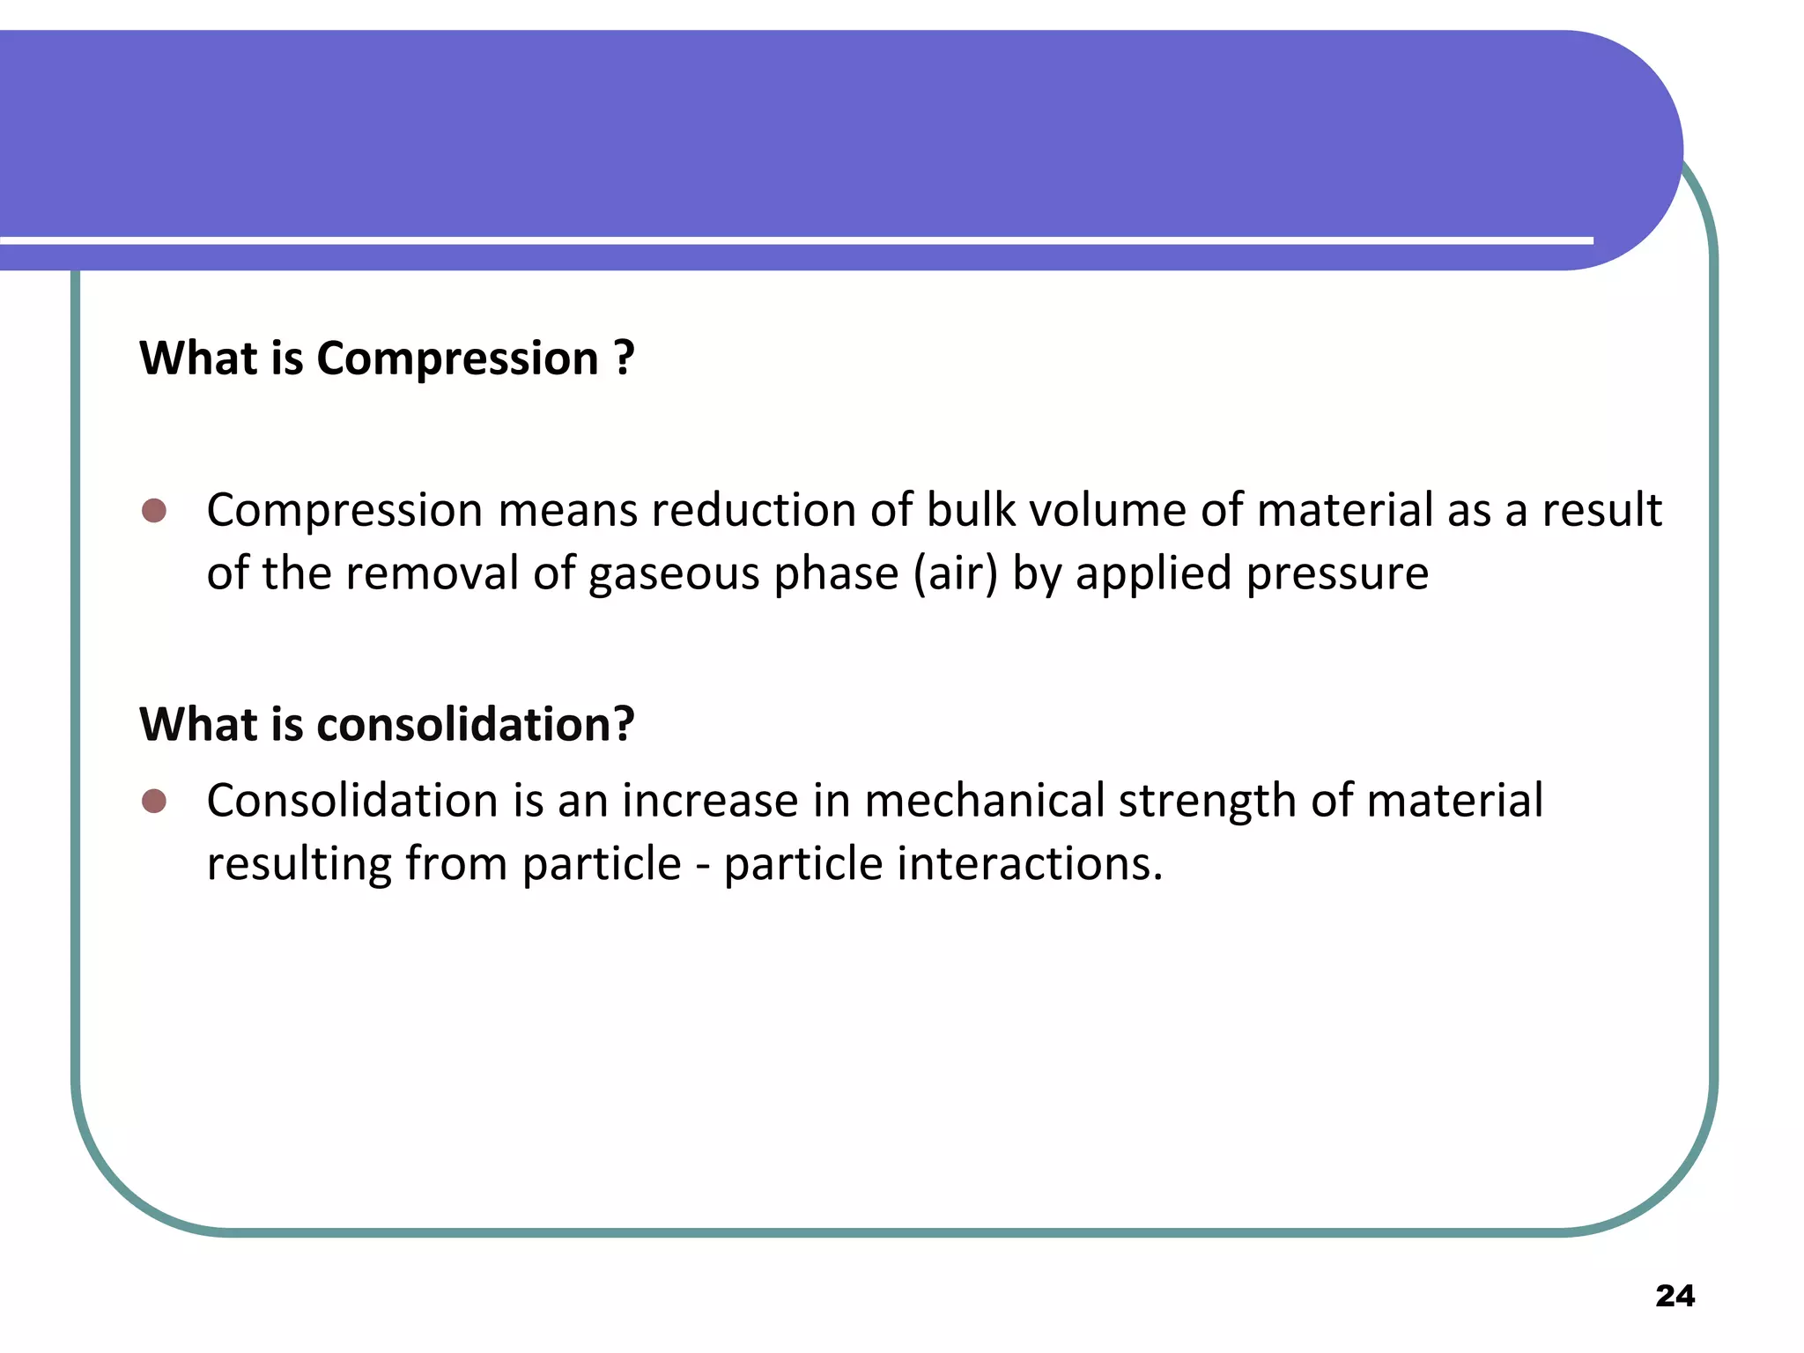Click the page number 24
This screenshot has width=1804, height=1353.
1675,1296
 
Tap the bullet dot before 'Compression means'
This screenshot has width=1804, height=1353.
154,510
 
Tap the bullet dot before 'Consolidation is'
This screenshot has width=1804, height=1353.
154,801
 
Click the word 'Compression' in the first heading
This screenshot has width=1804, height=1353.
457,359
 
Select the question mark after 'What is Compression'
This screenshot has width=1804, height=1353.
624,358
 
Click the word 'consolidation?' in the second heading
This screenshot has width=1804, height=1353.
475,724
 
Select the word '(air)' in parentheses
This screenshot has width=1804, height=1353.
956,573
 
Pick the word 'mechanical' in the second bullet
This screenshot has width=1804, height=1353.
984,801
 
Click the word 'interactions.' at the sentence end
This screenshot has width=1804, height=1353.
1030,863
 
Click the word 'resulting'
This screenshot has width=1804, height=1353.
299,865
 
